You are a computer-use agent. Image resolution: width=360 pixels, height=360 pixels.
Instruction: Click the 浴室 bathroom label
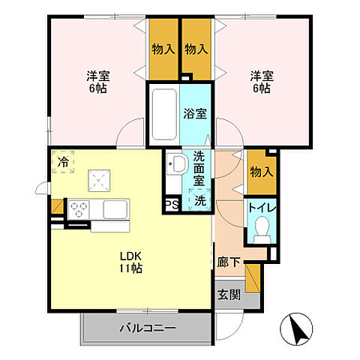point(196,115)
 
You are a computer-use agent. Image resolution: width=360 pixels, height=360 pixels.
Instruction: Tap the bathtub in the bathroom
point(163,115)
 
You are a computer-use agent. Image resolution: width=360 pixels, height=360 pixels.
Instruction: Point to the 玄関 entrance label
point(229,295)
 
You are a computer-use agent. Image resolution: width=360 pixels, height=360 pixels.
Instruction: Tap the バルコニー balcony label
point(147,328)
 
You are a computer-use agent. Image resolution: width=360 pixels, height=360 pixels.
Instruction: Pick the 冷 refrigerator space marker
point(64,162)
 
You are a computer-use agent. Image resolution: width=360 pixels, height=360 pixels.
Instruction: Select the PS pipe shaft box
point(171,205)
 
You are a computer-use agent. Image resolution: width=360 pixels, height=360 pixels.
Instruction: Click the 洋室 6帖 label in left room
point(96,82)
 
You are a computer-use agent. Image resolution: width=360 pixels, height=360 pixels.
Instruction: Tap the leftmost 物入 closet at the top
point(163,49)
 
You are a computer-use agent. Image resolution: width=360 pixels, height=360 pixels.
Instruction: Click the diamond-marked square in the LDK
point(100,180)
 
